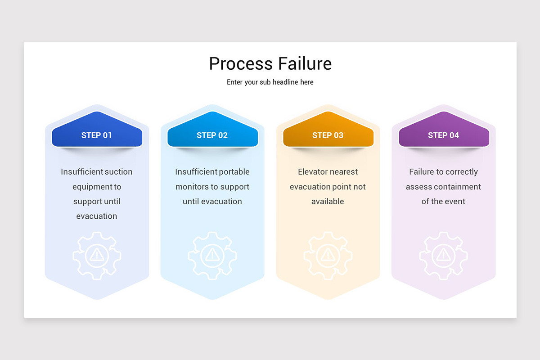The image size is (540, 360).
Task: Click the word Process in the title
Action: [x=241, y=64]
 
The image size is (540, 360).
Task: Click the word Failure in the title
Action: [x=305, y=64]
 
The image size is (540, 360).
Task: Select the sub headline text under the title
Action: [x=270, y=82]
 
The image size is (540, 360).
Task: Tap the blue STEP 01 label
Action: [x=97, y=135]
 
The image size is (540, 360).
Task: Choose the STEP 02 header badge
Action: [x=212, y=135]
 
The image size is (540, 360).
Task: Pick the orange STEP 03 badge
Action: [x=328, y=135]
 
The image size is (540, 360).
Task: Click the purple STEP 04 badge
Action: [x=444, y=135]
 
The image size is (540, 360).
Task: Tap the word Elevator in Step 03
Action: [x=314, y=172]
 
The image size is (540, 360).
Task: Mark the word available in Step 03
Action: [x=328, y=202]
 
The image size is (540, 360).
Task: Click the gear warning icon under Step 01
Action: [x=97, y=255]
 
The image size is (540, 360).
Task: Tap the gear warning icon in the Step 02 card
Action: [x=212, y=255]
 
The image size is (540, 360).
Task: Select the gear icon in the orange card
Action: [x=328, y=255]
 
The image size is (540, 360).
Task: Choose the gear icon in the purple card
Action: [x=444, y=255]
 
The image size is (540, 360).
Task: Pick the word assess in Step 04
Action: [x=417, y=187]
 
